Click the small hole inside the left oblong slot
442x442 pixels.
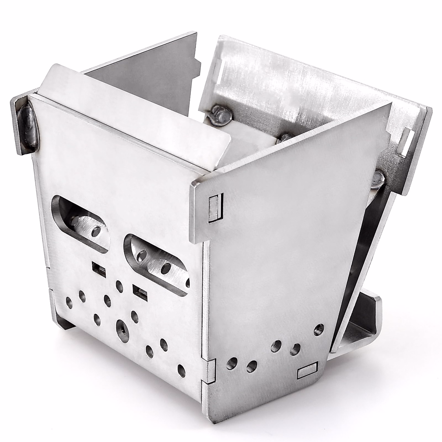pos(97,231)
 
